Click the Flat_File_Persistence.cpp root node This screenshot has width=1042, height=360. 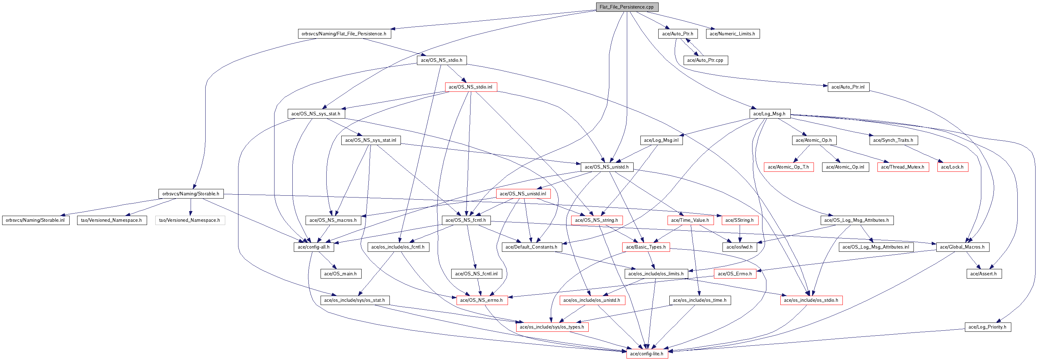tap(626, 7)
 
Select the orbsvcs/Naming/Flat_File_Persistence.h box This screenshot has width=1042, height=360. tap(344, 34)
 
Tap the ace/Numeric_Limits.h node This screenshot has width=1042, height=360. tap(732, 34)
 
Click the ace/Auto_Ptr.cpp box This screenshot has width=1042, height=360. tap(705, 60)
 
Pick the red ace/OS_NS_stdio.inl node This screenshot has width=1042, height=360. tap(470, 87)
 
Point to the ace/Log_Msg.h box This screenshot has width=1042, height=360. tap(769, 114)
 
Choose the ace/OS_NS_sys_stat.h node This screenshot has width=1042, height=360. tap(316, 114)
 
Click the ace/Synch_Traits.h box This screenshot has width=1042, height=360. tap(893, 140)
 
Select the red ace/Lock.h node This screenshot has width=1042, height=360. tap(952, 167)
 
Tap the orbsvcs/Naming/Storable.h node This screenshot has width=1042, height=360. tap(191, 194)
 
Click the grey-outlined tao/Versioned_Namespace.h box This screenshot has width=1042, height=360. tap(189, 220)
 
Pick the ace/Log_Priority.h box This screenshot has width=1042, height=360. tap(987, 327)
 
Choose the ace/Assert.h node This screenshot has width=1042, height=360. tap(983, 274)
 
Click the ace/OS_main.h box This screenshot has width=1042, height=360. tap(340, 274)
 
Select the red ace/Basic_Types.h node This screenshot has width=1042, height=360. tap(646, 247)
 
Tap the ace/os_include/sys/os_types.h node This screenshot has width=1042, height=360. tap(552, 327)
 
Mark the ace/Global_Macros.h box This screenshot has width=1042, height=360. tap(962, 247)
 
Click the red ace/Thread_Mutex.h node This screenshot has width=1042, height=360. tap(902, 167)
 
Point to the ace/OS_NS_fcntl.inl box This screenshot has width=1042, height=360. tap(476, 274)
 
